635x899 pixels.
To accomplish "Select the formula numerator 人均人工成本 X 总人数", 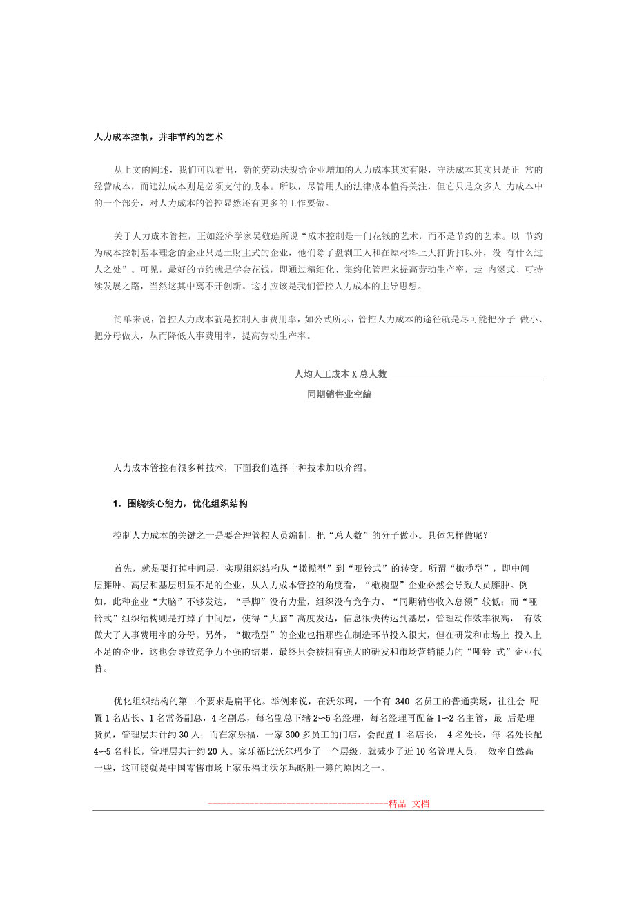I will (340, 374).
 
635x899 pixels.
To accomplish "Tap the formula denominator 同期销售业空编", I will (340, 395).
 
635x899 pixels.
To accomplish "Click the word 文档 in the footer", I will (421, 804).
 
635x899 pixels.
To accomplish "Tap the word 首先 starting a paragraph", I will (124, 568).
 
